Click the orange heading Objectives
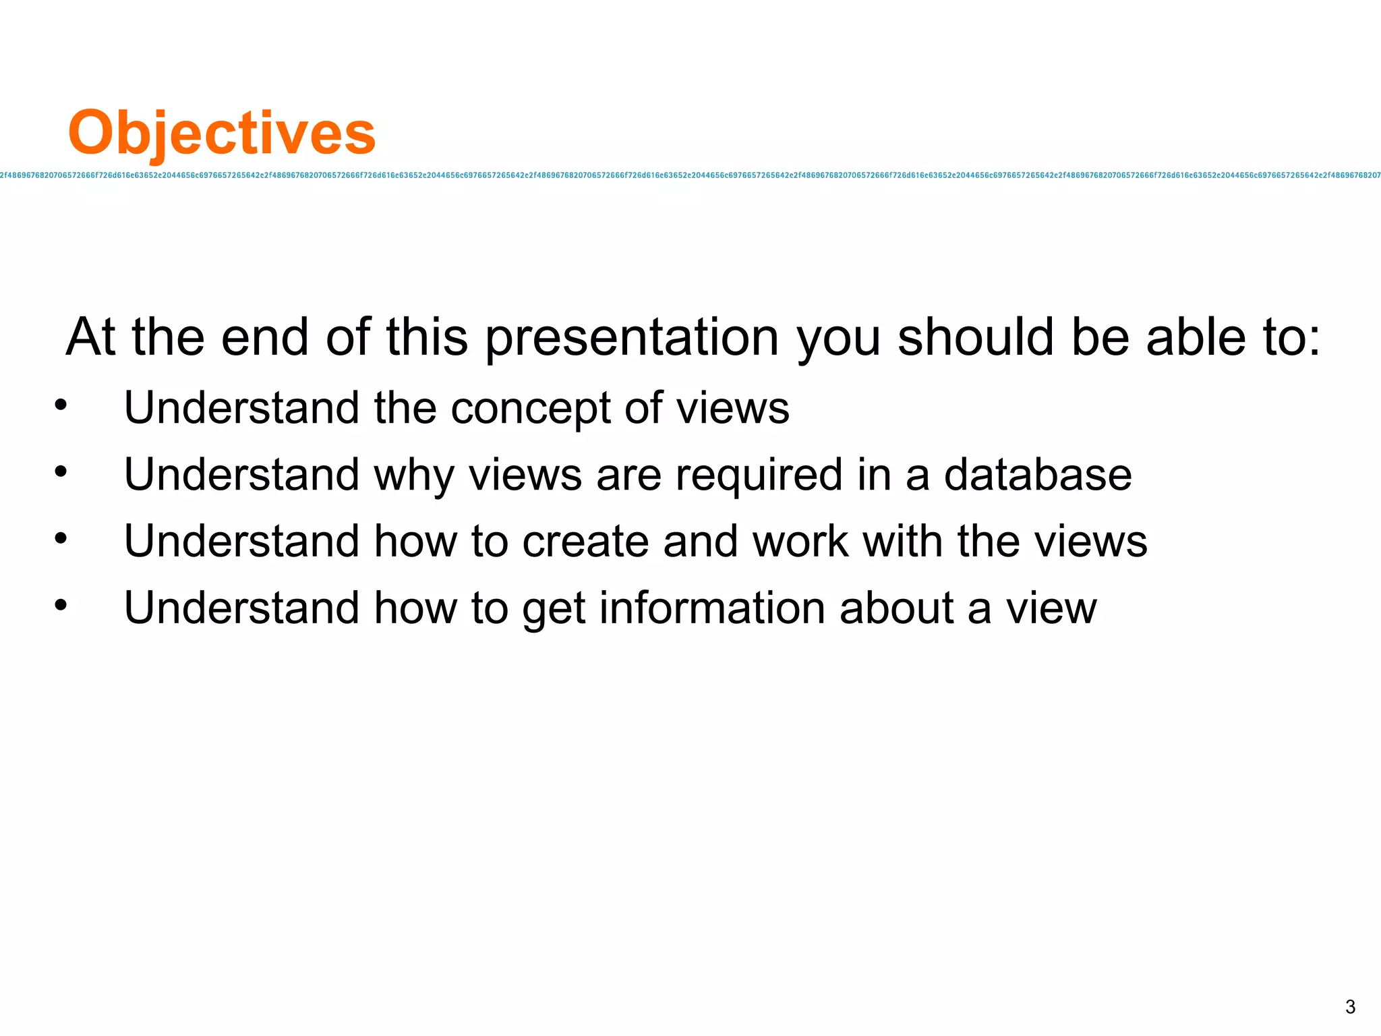(221, 133)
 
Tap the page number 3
(1350, 1007)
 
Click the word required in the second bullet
(759, 475)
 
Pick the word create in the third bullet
(585, 542)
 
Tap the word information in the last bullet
(712, 608)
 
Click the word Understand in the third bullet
(241, 542)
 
